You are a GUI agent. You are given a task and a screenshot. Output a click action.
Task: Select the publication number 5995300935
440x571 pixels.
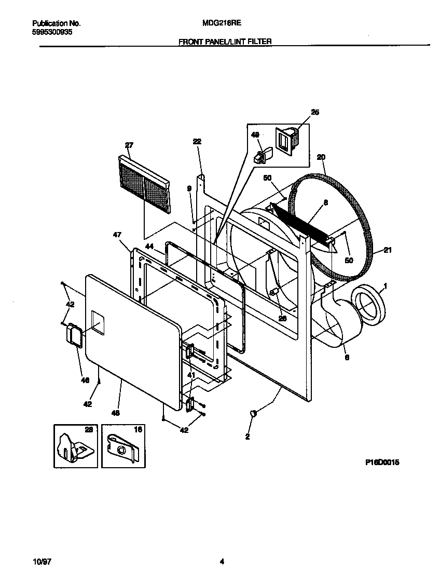coord(52,32)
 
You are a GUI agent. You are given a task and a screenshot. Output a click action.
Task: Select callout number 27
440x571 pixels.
coord(129,145)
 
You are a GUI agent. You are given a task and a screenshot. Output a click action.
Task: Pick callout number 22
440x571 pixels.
coord(197,141)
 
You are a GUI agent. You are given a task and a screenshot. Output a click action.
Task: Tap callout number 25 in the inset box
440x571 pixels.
coord(315,112)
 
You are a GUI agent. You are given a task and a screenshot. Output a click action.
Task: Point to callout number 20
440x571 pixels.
coord(321,157)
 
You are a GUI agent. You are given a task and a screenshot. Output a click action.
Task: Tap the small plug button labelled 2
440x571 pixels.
coord(254,413)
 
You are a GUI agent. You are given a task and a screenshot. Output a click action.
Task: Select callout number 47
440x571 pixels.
coord(117,235)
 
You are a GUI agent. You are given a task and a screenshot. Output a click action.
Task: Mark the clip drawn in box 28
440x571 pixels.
coord(74,446)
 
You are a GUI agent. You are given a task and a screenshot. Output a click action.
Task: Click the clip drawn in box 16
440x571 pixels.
coord(122,446)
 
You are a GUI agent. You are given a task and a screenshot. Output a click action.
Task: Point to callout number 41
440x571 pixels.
coord(191,375)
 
